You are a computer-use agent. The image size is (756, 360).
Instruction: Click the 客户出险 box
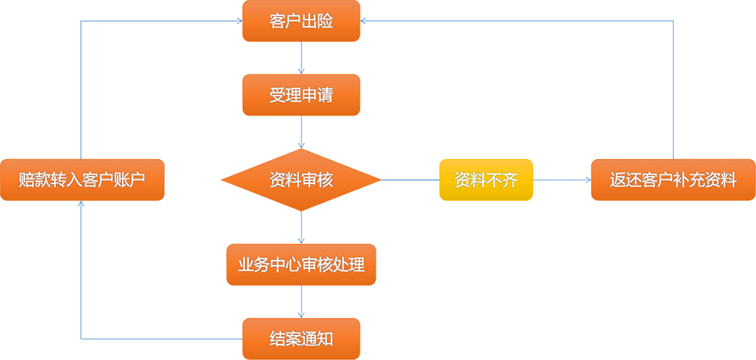tap(301, 21)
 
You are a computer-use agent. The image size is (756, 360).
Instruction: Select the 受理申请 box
tap(301, 95)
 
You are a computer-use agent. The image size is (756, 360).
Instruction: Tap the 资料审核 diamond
tap(301, 179)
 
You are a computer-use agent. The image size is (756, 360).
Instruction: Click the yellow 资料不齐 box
tap(486, 179)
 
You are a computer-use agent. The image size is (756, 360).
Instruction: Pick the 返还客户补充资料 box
tap(673, 179)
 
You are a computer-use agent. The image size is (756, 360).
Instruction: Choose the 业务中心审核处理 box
tap(301, 264)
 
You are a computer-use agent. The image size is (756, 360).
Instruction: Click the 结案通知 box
tap(301, 338)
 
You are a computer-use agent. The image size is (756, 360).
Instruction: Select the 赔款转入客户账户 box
tap(82, 179)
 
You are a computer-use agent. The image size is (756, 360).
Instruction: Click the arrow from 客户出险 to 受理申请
tap(301, 58)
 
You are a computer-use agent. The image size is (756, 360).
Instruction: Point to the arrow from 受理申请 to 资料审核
tap(301, 132)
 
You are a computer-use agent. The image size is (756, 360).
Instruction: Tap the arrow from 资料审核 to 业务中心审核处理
tap(301, 227)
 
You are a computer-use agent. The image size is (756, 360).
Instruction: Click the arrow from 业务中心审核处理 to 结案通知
tap(301, 301)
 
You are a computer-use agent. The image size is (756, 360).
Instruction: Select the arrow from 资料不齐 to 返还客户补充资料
tap(562, 179)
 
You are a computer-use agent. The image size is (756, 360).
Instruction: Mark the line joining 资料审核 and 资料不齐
tap(409, 179)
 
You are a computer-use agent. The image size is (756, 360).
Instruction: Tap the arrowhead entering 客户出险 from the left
tap(237, 21)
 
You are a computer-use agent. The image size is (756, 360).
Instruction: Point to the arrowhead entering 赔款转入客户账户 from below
tap(82, 205)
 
